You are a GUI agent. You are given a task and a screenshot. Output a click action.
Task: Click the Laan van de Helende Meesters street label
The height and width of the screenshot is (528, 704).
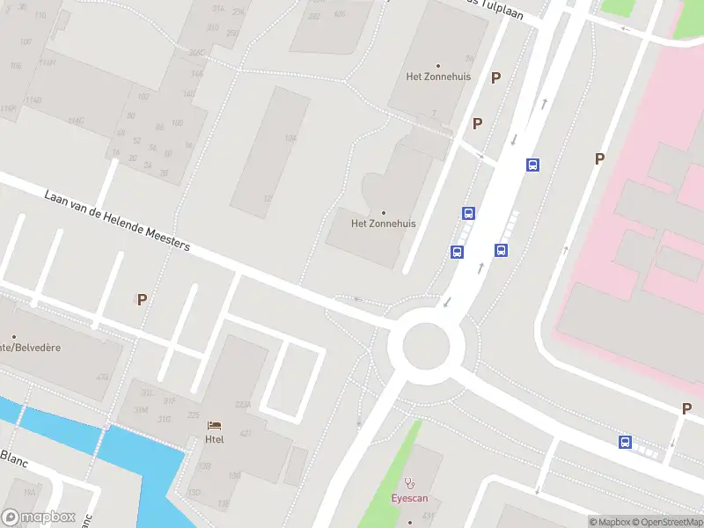(117, 219)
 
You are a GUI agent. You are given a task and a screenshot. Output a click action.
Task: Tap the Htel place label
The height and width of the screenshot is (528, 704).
(215, 439)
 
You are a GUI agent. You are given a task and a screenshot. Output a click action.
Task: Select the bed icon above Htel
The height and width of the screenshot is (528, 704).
(215, 426)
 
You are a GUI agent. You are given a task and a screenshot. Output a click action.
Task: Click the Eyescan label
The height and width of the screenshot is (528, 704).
(409, 498)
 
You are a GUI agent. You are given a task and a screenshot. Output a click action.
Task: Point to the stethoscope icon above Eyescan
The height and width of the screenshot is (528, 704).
(409, 483)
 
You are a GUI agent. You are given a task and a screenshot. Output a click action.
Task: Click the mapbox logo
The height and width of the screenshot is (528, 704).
(38, 517)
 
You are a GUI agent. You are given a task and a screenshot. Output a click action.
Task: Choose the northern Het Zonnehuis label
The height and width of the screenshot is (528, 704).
(438, 77)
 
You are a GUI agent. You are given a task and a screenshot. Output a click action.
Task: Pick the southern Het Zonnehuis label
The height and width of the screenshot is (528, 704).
(383, 224)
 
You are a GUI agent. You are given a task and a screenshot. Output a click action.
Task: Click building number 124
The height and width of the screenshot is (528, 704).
(290, 139)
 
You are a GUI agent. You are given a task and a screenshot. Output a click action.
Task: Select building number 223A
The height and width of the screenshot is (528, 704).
(242, 405)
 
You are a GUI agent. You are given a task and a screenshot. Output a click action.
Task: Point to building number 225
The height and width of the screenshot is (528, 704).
(194, 415)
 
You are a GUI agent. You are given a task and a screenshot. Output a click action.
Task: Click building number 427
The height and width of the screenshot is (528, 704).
(246, 433)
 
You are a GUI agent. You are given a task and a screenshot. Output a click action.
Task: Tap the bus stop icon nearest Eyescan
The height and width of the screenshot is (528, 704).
(625, 442)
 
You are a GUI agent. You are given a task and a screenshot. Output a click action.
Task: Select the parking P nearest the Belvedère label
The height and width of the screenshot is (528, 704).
(142, 299)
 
